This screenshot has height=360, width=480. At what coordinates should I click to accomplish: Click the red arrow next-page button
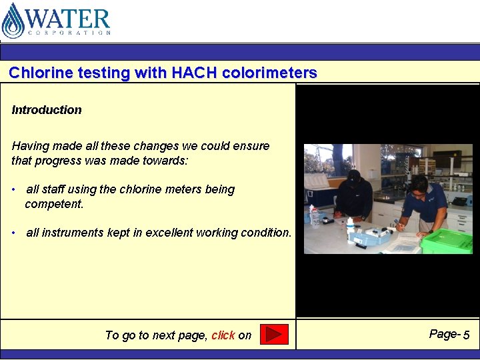point(273,334)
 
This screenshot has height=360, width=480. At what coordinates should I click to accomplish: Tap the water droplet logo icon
point(13,21)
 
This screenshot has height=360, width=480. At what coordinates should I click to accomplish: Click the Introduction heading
point(47,110)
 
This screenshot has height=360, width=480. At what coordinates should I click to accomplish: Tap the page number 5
point(467,335)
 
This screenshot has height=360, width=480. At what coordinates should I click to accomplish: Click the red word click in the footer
point(223,335)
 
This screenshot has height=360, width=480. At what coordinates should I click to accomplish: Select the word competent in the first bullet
point(54,204)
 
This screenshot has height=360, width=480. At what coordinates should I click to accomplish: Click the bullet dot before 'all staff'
point(14,190)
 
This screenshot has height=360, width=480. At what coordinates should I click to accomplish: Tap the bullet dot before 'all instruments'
point(14,233)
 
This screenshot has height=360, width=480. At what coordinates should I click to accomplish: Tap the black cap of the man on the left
point(354,175)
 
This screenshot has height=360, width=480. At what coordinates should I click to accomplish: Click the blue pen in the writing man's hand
point(396,223)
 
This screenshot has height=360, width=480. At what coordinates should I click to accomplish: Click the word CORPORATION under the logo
point(69,32)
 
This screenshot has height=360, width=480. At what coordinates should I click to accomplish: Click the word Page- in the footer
point(445,334)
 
